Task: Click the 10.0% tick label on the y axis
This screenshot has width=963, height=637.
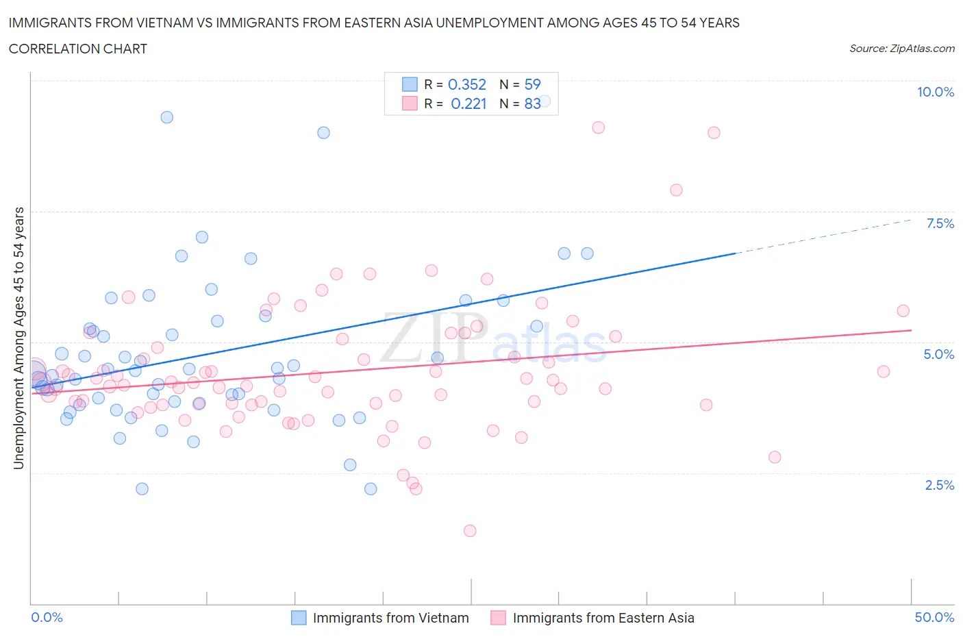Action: coord(935,92)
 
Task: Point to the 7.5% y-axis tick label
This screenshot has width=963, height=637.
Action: coord(939,223)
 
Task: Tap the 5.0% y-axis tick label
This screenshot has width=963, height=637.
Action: coord(938,354)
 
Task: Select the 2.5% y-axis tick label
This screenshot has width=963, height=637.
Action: coord(939,485)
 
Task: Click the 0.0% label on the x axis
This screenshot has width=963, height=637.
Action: coord(47,617)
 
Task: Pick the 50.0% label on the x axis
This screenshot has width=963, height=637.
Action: coord(934,617)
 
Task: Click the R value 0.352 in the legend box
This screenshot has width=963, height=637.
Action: coord(466,84)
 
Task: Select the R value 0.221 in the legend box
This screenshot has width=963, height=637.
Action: coord(468,103)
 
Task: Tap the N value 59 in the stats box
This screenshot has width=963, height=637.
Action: coord(532,84)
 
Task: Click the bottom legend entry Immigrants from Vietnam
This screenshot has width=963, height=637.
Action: coord(390,618)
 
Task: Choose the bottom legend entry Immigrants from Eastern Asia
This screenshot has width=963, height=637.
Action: coord(603,618)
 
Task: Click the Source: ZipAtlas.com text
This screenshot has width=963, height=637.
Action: coord(901,48)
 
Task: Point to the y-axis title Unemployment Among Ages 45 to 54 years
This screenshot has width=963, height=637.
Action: coord(18,338)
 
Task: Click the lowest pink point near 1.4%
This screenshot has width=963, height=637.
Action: coord(470,531)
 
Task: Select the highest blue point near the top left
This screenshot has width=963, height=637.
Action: coord(166,117)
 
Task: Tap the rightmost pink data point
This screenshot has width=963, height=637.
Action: coord(903,311)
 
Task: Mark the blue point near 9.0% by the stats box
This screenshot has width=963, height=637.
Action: coord(323,133)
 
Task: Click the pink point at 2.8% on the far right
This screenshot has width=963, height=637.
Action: coord(775,457)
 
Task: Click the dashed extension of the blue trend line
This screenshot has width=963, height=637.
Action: coord(822,236)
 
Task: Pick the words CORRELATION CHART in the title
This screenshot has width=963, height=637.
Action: coord(78,49)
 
